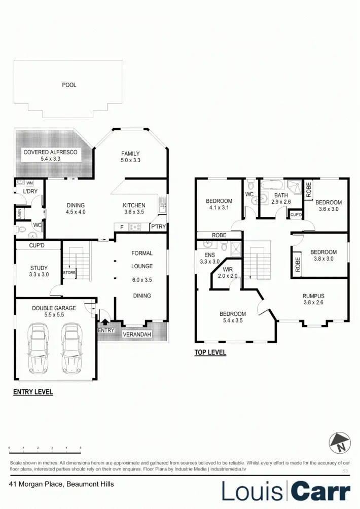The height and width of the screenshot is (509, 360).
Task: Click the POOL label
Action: (69, 85)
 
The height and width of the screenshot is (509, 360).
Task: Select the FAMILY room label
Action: (130, 154)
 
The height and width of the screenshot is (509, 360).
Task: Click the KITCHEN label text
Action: (134, 205)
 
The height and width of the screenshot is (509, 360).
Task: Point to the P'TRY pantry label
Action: (157, 227)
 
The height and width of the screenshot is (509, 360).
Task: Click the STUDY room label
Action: (39, 268)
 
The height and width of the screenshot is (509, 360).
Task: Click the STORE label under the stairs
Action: (69, 272)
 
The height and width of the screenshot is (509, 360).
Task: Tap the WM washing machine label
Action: (29, 183)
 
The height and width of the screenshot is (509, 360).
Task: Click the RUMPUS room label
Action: (313, 296)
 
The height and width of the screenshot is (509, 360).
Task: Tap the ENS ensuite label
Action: (209, 255)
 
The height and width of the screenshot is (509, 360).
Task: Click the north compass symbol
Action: (340, 443)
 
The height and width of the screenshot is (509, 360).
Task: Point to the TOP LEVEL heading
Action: (210, 352)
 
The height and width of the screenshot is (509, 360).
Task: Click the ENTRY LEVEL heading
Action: (33, 392)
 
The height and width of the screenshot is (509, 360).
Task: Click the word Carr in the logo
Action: (320, 491)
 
